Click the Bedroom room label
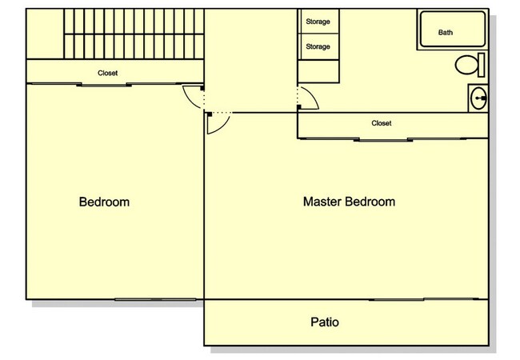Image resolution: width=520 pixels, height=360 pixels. click(x=104, y=202)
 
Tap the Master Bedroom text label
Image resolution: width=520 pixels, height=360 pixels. click(x=349, y=202)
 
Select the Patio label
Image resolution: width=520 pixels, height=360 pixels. click(x=324, y=323)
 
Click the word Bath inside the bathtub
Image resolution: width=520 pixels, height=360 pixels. click(x=446, y=33)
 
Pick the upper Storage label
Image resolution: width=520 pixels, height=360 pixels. click(x=318, y=22)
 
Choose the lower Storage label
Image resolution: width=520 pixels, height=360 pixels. click(x=318, y=47)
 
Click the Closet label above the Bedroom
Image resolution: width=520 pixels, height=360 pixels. click(x=107, y=73)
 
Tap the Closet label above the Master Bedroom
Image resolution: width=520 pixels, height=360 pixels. click(x=382, y=123)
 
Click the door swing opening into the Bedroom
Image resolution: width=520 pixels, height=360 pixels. click(x=192, y=98)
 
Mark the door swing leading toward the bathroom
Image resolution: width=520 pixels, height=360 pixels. click(x=309, y=98)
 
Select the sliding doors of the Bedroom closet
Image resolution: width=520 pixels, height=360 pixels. click(x=104, y=83)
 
